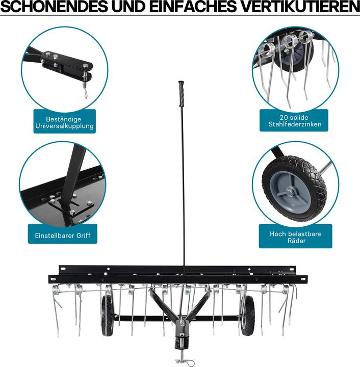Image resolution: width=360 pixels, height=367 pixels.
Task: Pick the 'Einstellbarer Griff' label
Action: [x=63, y=236]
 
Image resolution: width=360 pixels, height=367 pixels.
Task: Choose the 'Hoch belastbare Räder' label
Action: [x=295, y=237]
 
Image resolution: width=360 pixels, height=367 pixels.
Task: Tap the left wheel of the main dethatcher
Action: [x=108, y=316]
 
